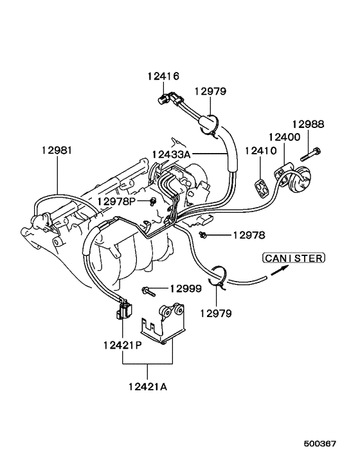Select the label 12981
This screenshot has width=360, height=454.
57,150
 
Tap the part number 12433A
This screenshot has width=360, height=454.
170,154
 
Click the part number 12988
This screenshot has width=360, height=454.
308,124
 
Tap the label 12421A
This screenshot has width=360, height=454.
148,386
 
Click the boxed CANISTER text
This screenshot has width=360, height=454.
292,258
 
